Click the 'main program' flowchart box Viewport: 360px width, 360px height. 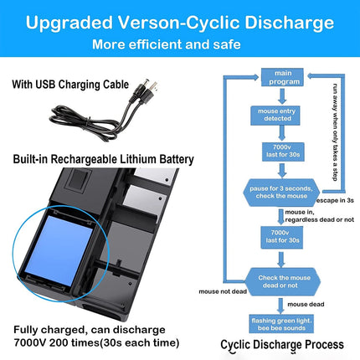pyautogui.click(x=282, y=77)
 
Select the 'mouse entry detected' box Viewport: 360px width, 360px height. pyautogui.click(x=275, y=115)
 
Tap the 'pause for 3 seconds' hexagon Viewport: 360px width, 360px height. pyautogui.click(x=281, y=193)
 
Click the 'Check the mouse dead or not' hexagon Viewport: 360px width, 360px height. pyautogui.click(x=282, y=281)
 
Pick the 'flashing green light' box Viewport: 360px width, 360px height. pyautogui.click(x=281, y=324)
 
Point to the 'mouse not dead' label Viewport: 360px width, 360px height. pyautogui.click(x=223, y=291)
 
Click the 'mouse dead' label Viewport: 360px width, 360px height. pyautogui.click(x=306, y=304)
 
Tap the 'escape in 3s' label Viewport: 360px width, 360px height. pyautogui.click(x=335, y=200)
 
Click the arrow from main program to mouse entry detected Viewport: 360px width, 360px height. pyautogui.click(x=282, y=96)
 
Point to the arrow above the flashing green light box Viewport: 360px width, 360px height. pyautogui.click(x=280, y=306)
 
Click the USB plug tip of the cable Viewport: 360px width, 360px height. pyautogui.click(x=153, y=86)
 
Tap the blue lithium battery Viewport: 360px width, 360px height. pyautogui.click(x=59, y=250)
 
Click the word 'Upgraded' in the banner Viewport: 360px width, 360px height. pyautogui.click(x=69, y=23)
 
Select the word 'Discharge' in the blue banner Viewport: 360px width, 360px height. pyautogui.click(x=289, y=23)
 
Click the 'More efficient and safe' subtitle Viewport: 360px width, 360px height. pyautogui.click(x=167, y=44)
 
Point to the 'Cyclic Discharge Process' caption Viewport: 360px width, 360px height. pyautogui.click(x=282, y=345)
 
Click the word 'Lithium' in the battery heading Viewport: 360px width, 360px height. pyautogui.click(x=138, y=159)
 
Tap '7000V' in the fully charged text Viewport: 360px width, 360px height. pyautogui.click(x=30, y=342)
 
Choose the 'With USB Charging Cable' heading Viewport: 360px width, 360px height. pyautogui.click(x=70, y=85)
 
